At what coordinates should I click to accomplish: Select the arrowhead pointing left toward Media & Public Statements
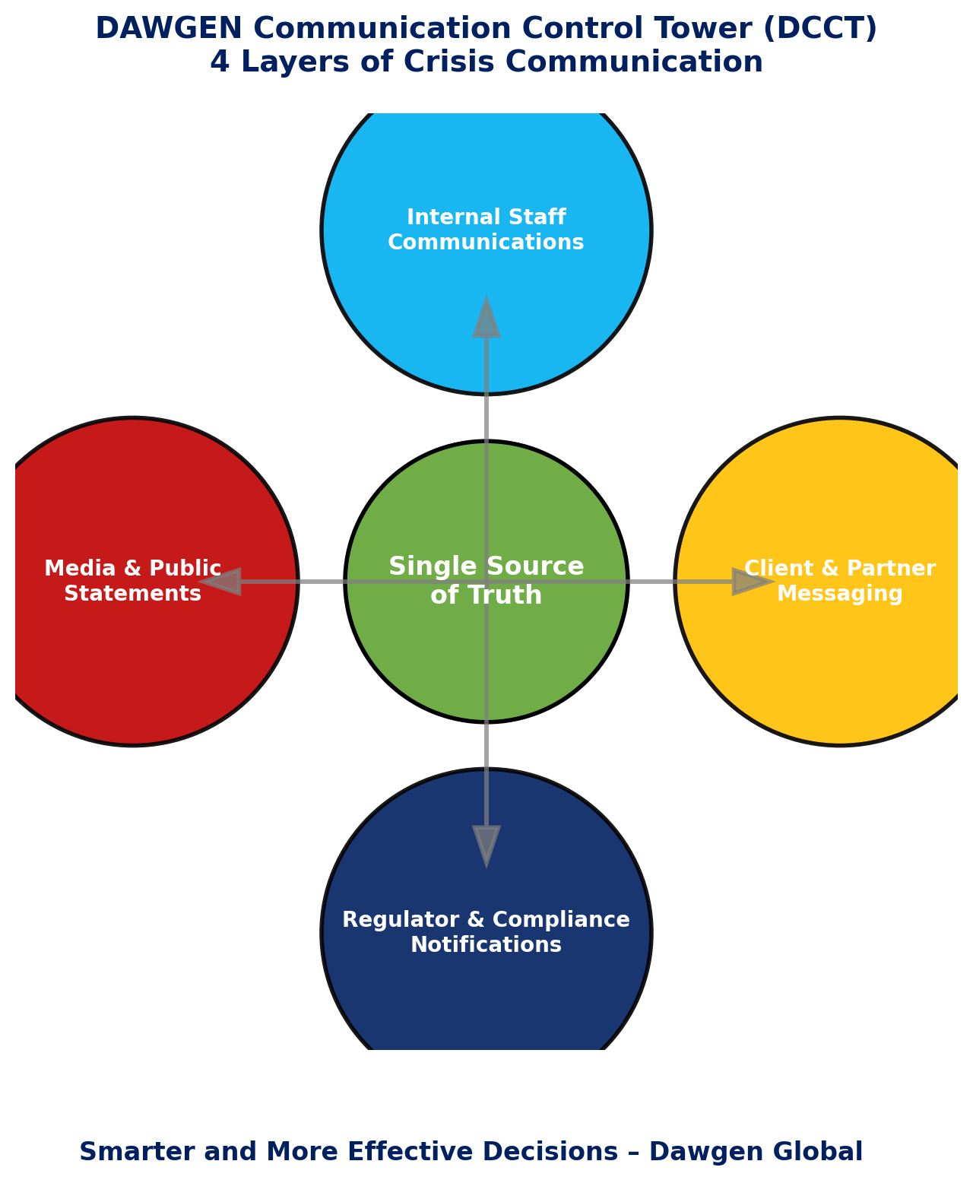click(x=221, y=582)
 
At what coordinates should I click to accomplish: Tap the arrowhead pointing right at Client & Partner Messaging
click(x=751, y=582)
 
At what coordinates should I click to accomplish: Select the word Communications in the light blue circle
click(x=486, y=243)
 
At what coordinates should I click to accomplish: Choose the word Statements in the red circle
click(x=133, y=594)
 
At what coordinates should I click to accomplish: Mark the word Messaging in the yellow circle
click(x=840, y=594)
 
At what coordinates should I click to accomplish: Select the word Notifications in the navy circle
click(x=486, y=945)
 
